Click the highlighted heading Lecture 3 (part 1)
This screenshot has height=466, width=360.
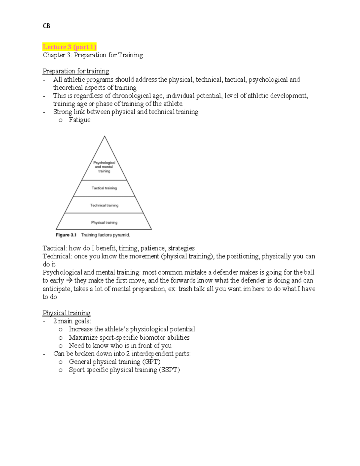(69, 47)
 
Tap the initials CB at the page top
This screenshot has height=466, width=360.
(46, 26)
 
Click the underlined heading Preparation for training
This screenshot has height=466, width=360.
(76, 71)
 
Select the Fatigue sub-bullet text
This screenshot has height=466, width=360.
(79, 120)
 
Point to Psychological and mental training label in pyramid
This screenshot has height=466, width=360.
(104, 167)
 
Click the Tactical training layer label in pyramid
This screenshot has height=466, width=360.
(104, 188)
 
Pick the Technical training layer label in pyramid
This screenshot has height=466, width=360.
(104, 205)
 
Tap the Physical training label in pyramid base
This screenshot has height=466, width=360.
(104, 222)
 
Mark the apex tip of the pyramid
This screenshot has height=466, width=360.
(104, 137)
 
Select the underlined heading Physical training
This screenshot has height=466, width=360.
(66, 313)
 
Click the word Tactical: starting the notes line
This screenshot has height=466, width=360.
(55, 248)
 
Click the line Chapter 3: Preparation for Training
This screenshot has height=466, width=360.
(93, 55)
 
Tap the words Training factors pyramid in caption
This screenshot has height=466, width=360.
(106, 235)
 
